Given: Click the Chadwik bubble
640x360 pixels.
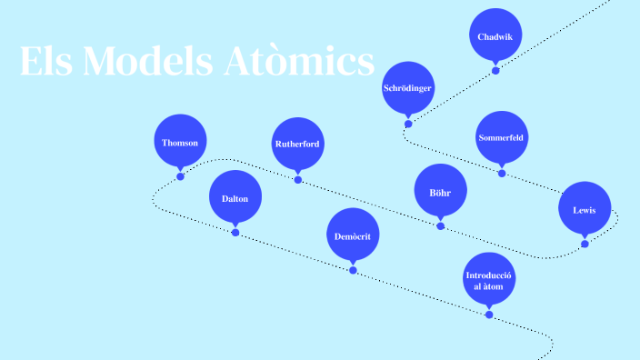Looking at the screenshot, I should pos(495,36).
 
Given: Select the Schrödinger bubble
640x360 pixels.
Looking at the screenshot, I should pos(407,88).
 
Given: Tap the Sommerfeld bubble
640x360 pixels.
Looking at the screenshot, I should pos(501,137).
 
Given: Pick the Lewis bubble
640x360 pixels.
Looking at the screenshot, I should pos(585,209).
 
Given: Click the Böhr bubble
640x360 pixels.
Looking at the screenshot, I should pos(440,192).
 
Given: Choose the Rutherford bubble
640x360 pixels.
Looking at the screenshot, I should pos(297,144).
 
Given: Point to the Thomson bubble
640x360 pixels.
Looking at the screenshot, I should pos(180,143).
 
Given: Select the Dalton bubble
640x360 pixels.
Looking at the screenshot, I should pos(235,198).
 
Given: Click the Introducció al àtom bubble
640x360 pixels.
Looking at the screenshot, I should pos(489,279).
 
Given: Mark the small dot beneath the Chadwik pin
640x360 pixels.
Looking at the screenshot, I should pos(495,70).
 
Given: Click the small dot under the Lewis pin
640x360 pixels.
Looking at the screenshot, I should pos(585,244).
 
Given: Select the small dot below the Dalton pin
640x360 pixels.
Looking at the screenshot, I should pos(235,233).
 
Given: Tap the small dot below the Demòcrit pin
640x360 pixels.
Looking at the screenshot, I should pos(353,270).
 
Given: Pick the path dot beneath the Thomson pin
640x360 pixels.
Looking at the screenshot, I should pos(180,176).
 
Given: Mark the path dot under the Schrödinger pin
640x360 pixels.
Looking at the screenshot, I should pos(408,124).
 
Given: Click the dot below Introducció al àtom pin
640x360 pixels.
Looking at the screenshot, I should pos(489,315).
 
